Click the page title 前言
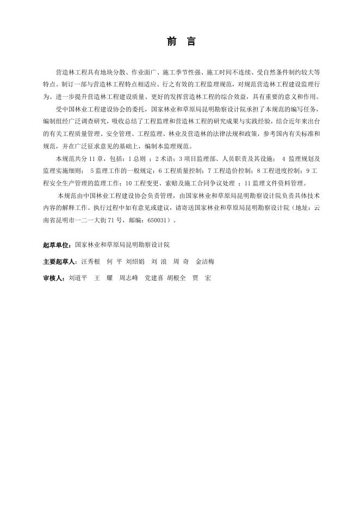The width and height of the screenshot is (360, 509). click(x=179, y=42)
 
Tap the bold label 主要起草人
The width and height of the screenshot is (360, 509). click(x=59, y=262)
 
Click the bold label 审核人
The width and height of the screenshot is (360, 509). click(x=54, y=278)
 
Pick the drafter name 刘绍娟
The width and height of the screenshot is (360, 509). click(x=135, y=262)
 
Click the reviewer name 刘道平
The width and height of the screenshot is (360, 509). click(x=78, y=278)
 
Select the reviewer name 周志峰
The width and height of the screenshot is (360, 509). click(x=128, y=278)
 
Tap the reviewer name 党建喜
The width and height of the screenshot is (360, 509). click(x=153, y=278)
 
